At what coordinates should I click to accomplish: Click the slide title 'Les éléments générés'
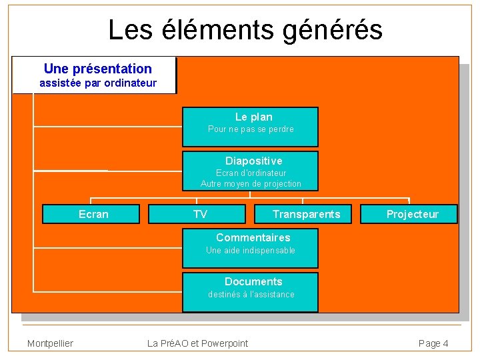point(245,30)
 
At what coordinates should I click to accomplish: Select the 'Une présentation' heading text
point(97,69)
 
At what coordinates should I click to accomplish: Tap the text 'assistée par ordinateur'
point(98,83)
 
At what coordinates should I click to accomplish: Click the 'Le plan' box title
point(253,117)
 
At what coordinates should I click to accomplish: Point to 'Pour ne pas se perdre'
point(251,129)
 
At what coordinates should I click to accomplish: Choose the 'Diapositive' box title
point(253,161)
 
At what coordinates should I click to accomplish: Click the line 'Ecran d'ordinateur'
point(251,173)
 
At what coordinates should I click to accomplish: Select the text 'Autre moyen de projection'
point(251,184)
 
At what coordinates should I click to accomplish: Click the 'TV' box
point(200,214)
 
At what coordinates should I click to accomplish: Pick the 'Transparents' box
point(306,214)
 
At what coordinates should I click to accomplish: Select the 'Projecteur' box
point(412,214)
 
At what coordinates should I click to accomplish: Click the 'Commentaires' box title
point(253,237)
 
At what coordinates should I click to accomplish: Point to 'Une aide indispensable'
point(251,251)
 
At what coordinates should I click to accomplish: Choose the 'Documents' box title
point(253,281)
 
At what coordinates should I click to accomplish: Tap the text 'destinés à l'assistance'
point(251,294)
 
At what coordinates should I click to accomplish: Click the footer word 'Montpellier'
point(50,343)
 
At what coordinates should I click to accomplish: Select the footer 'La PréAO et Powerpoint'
point(197,343)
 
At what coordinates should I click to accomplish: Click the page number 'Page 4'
point(433,343)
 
